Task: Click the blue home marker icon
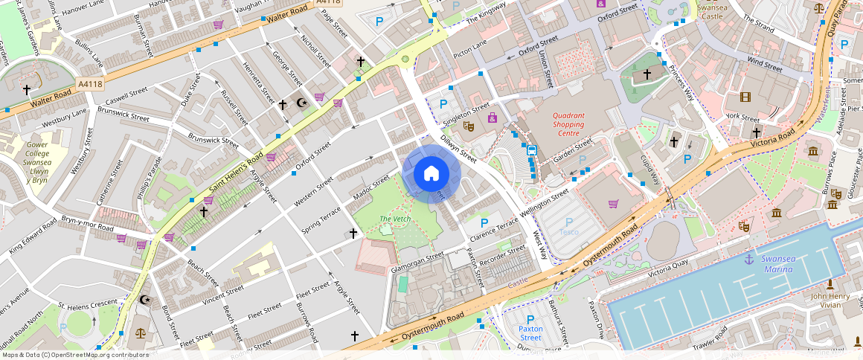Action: pyautogui.click(x=431, y=174)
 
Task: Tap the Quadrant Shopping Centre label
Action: pyautogui.click(x=568, y=120)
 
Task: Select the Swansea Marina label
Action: pyautogui.click(x=777, y=264)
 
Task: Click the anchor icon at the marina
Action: pyautogui.click(x=749, y=259)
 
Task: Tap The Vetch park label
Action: pyautogui.click(x=395, y=219)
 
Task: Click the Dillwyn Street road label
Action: pyautogui.click(x=458, y=147)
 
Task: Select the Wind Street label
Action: pyautogui.click(x=764, y=64)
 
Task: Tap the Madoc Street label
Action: pyautogui.click(x=371, y=187)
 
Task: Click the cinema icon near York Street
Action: pyautogui.click(x=745, y=97)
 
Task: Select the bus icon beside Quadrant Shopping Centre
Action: pyautogui.click(x=532, y=150)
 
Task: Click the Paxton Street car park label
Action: pyautogui.click(x=530, y=332)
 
